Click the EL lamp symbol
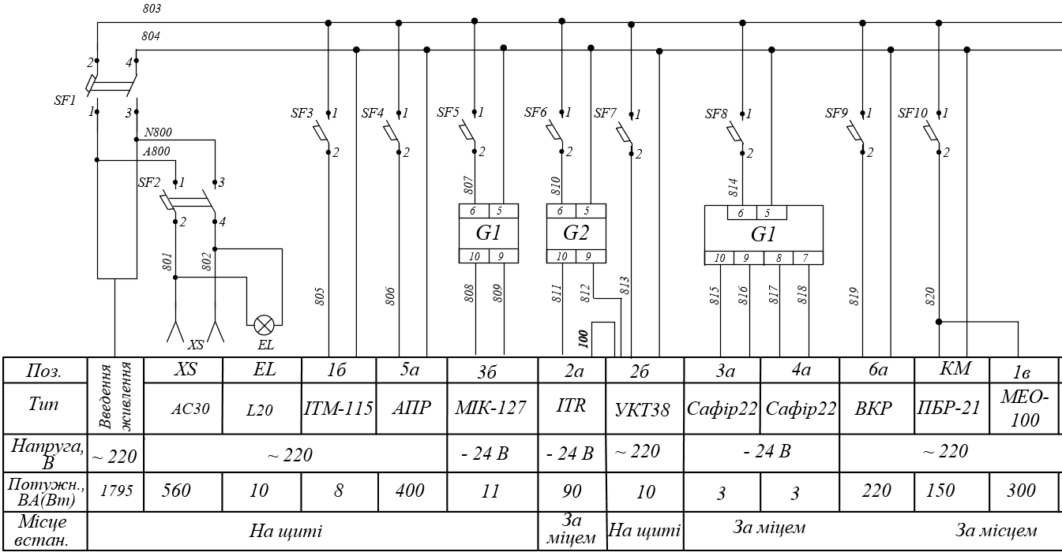pyautogui.click(x=263, y=324)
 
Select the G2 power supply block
pyautogui.click(x=576, y=233)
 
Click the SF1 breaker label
pyautogui.click(x=65, y=101)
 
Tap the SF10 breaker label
pyautogui.click(x=913, y=114)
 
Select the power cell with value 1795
pyautogui.click(x=115, y=491)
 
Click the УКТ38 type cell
pyautogui.click(x=643, y=409)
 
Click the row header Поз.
pyautogui.click(x=44, y=371)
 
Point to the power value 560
pyautogui.click(x=182, y=491)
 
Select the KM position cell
pyautogui.click(x=951, y=368)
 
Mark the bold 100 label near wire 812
pyautogui.click(x=584, y=339)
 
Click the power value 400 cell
pyautogui.click(x=410, y=491)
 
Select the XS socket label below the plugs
pyautogui.click(x=194, y=345)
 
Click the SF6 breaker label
pyautogui.click(x=535, y=114)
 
